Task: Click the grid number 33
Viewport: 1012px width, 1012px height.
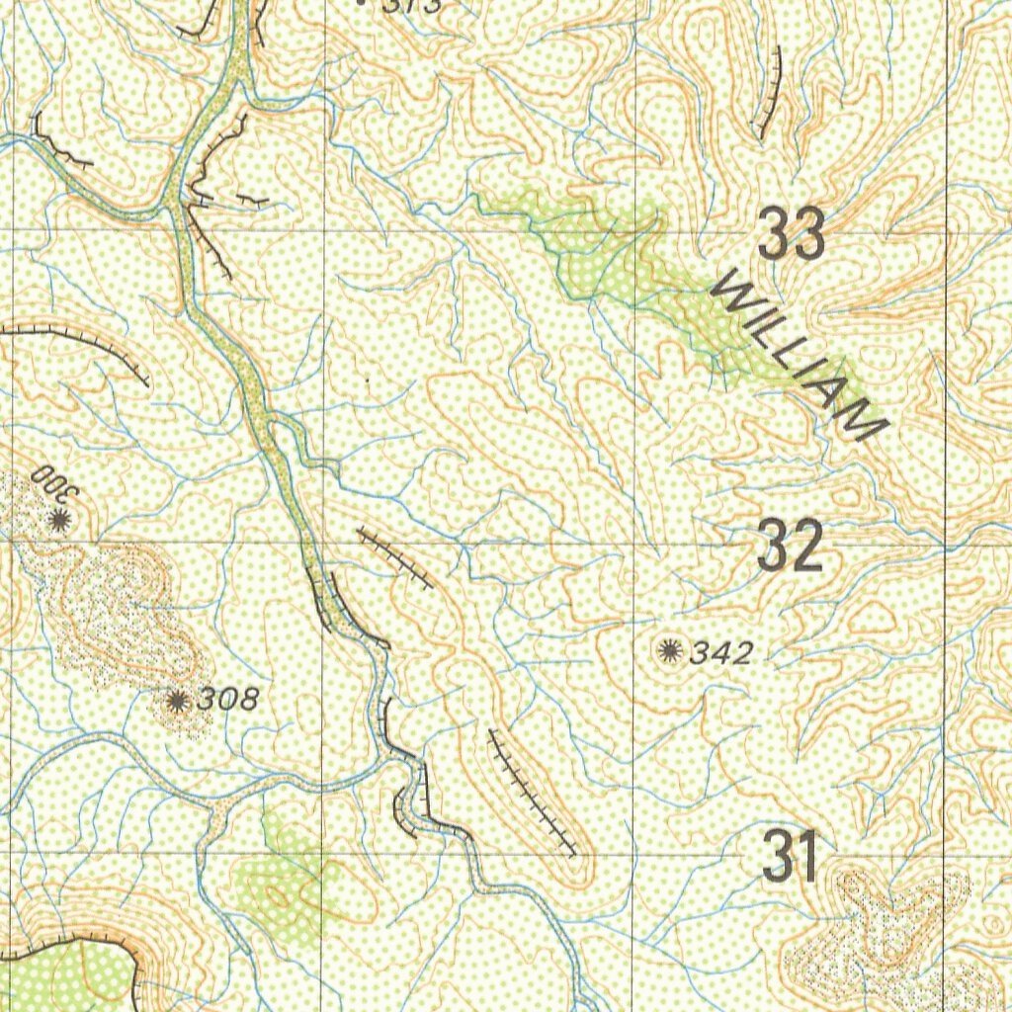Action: click(x=793, y=236)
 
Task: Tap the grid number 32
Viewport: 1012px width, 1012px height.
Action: click(x=790, y=548)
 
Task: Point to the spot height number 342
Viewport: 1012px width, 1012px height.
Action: click(x=721, y=652)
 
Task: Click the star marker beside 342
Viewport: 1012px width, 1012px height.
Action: click(x=670, y=649)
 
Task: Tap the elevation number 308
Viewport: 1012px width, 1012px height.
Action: click(x=228, y=700)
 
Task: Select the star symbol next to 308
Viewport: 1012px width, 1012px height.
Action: click(x=177, y=701)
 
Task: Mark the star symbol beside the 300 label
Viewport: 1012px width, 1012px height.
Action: click(x=59, y=520)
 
